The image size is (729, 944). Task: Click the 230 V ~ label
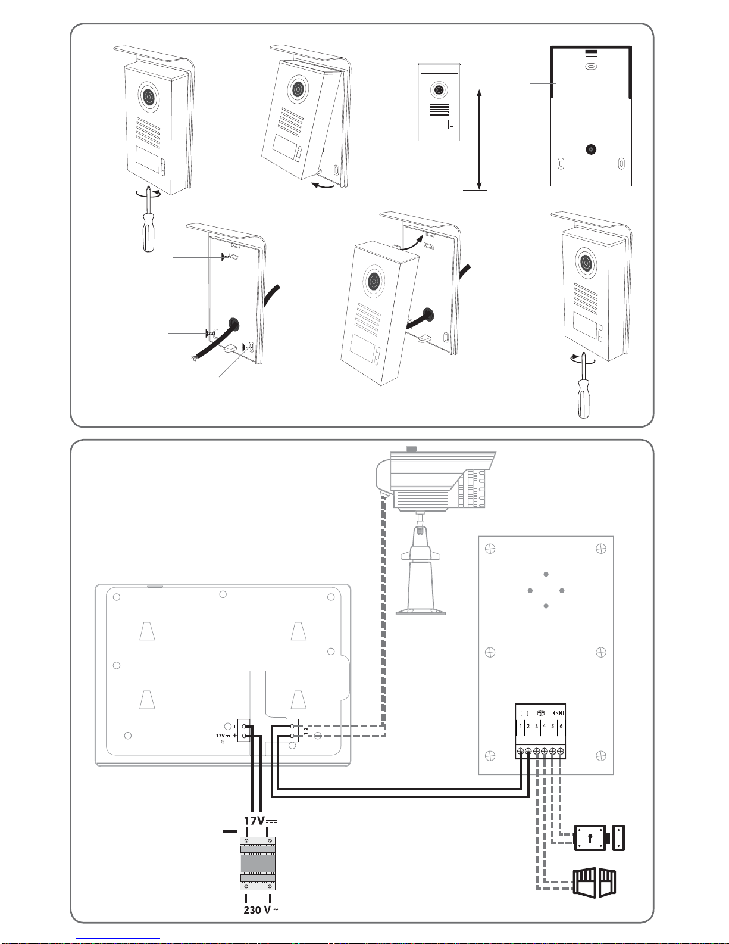pyautogui.click(x=261, y=909)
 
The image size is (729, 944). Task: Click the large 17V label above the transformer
pyautogui.click(x=260, y=821)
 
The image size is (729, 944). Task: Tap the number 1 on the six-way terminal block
pyautogui.click(x=521, y=726)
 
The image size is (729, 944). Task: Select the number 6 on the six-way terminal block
pyautogui.click(x=561, y=726)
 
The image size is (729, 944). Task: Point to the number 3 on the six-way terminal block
pyautogui.click(x=536, y=726)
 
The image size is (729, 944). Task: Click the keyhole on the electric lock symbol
pyautogui.click(x=590, y=838)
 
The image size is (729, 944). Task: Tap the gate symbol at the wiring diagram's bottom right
pyautogui.click(x=594, y=882)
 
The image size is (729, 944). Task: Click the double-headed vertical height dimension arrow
pyautogui.click(x=479, y=139)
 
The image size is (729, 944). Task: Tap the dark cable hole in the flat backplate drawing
pyautogui.click(x=590, y=149)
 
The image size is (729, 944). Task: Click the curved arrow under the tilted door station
pyautogui.click(x=323, y=185)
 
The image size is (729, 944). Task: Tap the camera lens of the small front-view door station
pyautogui.click(x=439, y=91)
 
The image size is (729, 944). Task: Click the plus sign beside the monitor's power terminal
pyautogui.click(x=234, y=736)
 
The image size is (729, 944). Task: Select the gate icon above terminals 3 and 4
pyautogui.click(x=541, y=713)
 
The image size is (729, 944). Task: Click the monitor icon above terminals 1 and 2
pyautogui.click(x=524, y=714)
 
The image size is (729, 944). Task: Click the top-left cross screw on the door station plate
pyautogui.click(x=490, y=549)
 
